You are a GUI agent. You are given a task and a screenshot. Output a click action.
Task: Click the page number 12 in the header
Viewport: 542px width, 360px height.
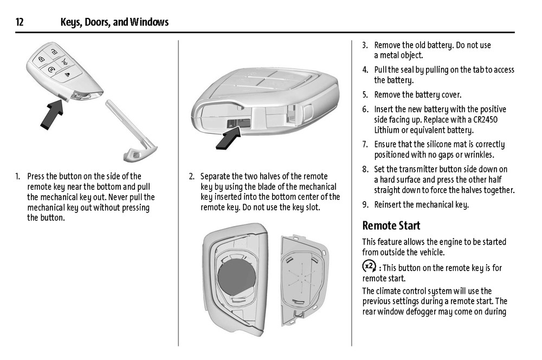point(20,22)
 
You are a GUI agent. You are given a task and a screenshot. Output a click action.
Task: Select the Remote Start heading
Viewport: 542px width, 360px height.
point(391,226)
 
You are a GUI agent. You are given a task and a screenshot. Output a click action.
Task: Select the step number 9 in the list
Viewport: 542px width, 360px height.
point(365,205)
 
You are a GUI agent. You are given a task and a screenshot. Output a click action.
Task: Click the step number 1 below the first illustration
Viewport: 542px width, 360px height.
point(18,176)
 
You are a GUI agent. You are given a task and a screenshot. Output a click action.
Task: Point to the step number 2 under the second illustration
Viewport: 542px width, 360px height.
point(191,176)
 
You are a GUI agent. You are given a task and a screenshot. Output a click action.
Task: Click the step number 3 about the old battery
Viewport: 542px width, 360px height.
point(365,45)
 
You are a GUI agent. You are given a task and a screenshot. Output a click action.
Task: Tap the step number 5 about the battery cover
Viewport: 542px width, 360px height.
point(365,95)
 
